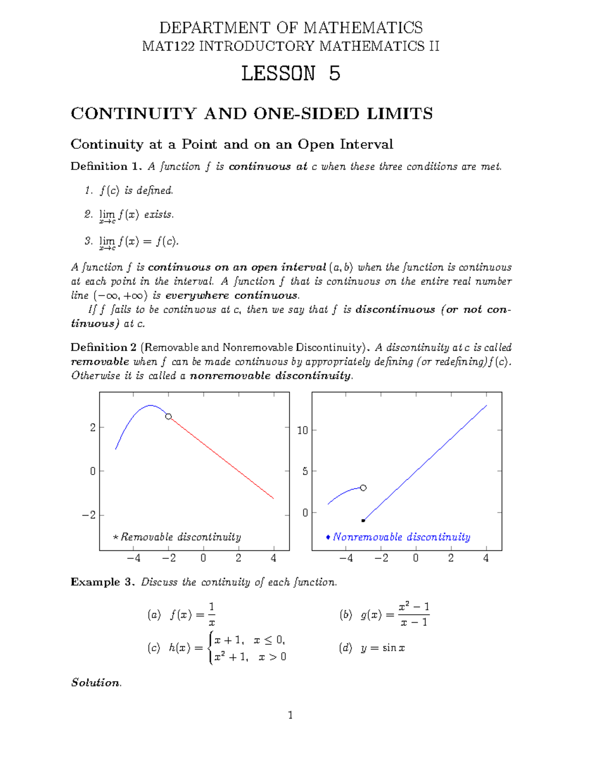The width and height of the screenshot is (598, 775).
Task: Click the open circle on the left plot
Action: coord(168,416)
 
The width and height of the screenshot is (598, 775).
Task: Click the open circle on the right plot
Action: coord(363,488)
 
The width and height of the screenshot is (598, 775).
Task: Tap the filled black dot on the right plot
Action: coord(363,520)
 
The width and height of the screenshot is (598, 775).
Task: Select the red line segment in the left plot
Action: coord(222,458)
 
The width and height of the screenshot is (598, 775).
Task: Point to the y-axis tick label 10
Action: coord(303,430)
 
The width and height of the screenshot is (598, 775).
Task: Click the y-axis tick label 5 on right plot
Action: coord(305,472)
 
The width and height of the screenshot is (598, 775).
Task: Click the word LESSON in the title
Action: coord(278,73)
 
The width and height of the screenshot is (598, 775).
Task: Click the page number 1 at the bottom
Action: coord(291,715)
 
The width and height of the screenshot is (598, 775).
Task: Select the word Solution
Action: coord(96,682)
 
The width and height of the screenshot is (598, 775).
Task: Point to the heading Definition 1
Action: coord(106,166)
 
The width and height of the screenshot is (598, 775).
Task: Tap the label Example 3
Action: coord(102,582)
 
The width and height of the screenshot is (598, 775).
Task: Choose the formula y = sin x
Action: coord(383,648)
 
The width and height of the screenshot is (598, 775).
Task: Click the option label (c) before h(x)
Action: coord(153,648)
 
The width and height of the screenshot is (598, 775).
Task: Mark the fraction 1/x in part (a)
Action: coord(211,614)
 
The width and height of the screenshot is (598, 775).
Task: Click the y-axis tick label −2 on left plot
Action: coord(89,515)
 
